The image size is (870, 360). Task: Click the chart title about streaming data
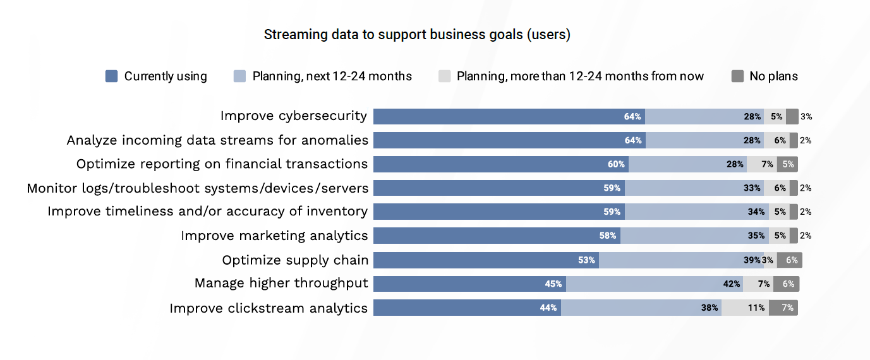coord(417,35)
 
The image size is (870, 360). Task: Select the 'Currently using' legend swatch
coord(111,76)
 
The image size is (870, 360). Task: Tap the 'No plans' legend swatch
coord(737,76)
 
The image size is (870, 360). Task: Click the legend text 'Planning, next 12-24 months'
coord(332,76)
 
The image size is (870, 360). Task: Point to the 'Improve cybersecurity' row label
coord(293,116)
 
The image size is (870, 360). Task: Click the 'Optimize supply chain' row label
coord(294,260)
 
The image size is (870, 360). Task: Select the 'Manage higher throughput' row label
coord(281,284)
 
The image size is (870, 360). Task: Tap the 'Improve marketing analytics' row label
coord(274,236)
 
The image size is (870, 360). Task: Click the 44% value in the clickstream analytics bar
coord(548,308)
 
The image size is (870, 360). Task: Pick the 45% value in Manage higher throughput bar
coord(553,284)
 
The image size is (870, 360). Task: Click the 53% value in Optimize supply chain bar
coord(586,260)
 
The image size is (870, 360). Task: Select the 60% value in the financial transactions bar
coord(616,164)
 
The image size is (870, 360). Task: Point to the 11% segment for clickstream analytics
coord(756,308)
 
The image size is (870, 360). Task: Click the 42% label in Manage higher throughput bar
coord(732,284)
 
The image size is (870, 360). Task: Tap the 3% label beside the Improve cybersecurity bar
coord(806,117)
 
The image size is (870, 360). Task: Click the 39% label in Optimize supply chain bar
coord(752,260)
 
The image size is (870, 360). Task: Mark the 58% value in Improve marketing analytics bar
coord(608,236)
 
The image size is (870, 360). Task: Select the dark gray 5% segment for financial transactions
coord(788,164)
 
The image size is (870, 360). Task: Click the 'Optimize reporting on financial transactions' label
coord(222,164)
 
